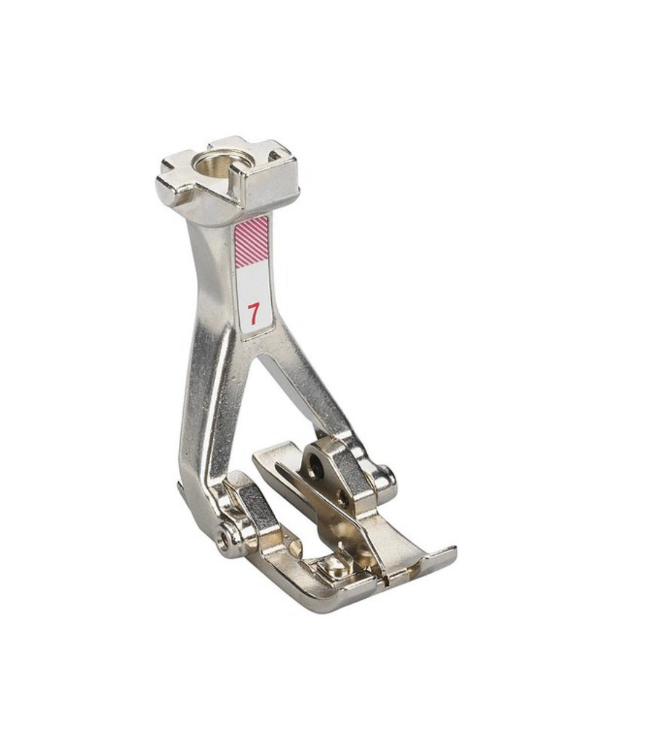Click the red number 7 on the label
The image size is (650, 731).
point(253,313)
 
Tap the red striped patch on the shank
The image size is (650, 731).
point(251,242)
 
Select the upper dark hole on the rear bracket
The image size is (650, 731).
point(317,461)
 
